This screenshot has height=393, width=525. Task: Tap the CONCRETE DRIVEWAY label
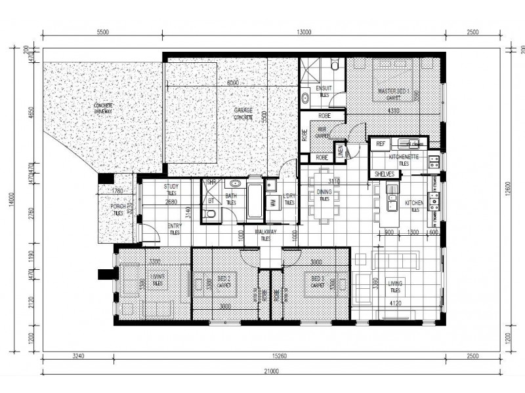[103, 108]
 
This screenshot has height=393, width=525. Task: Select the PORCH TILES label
[117, 210]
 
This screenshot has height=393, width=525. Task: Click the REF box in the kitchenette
[380, 144]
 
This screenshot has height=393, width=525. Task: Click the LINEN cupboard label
[339, 152]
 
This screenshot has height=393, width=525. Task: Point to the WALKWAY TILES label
[265, 234]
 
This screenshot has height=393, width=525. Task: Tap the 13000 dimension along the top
[303, 31]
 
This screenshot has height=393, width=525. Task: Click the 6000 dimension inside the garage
[233, 84]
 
